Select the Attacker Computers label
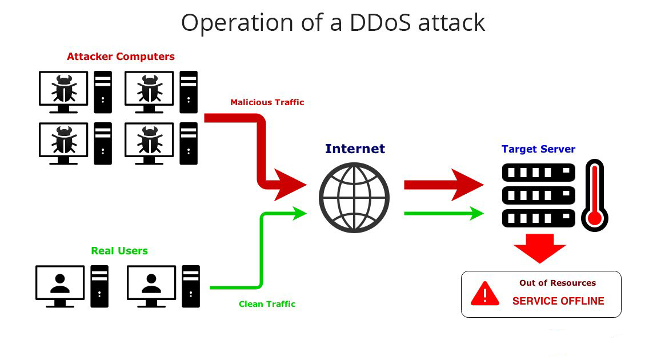121,57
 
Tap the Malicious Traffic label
267,102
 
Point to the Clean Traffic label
267,304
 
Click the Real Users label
119,251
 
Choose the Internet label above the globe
355,149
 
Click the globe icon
354,198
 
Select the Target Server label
538,149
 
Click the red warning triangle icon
484,294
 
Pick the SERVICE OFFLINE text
558,301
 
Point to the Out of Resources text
557,283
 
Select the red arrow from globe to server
443,185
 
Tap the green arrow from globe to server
443,214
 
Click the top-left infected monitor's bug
63,88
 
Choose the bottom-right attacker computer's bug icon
149,139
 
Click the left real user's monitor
59,283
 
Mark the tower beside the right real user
191,286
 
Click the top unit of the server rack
538,172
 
